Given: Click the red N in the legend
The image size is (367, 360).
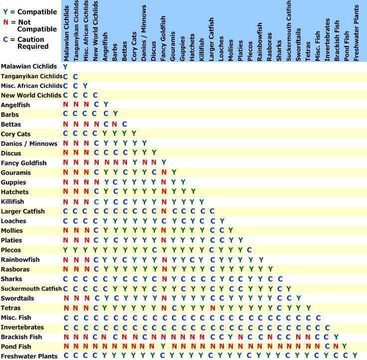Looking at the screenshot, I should (6, 22).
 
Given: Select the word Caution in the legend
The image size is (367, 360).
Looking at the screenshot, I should (32, 39).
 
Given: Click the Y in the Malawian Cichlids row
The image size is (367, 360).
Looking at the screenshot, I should (65, 66).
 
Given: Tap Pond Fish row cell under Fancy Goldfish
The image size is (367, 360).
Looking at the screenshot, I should (163, 347).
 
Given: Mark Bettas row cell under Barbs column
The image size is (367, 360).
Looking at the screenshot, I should (115, 124).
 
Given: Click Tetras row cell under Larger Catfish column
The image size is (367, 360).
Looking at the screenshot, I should (212, 308).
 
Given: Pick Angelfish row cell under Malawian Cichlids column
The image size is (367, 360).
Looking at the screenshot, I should (65, 105).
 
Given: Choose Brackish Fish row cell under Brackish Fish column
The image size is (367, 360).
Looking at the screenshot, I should (337, 337).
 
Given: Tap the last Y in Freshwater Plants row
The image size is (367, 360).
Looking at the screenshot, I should (355, 356).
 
